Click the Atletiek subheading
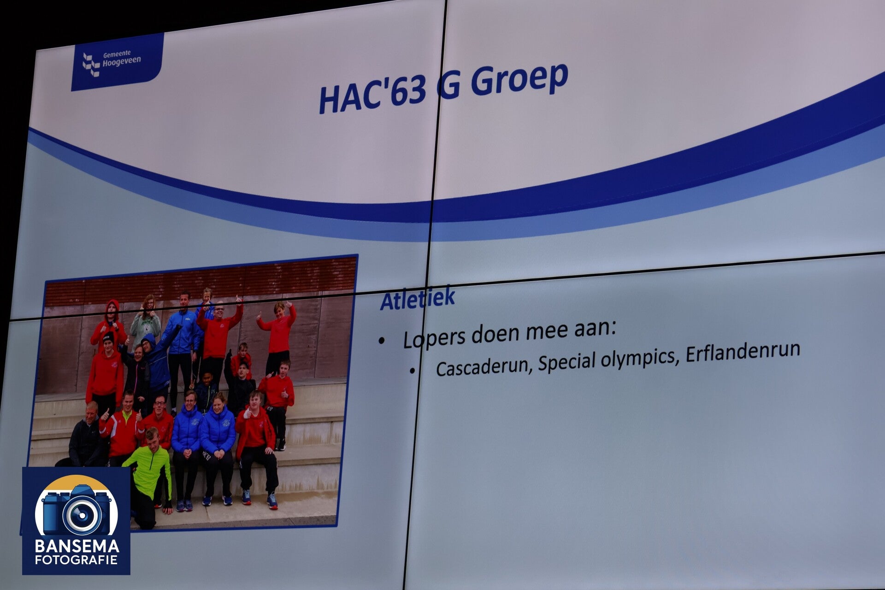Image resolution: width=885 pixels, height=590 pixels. click(418, 298)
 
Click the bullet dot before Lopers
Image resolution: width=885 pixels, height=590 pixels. click(381, 342)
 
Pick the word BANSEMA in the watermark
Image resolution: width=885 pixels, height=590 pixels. click(77, 547)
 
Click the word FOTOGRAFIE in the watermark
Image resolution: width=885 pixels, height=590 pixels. click(77, 560)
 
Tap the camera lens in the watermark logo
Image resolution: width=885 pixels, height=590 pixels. click(83, 514)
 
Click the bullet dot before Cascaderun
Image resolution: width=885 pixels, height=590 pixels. click(413, 370)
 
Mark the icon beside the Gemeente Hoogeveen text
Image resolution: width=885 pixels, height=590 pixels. click(91, 64)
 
